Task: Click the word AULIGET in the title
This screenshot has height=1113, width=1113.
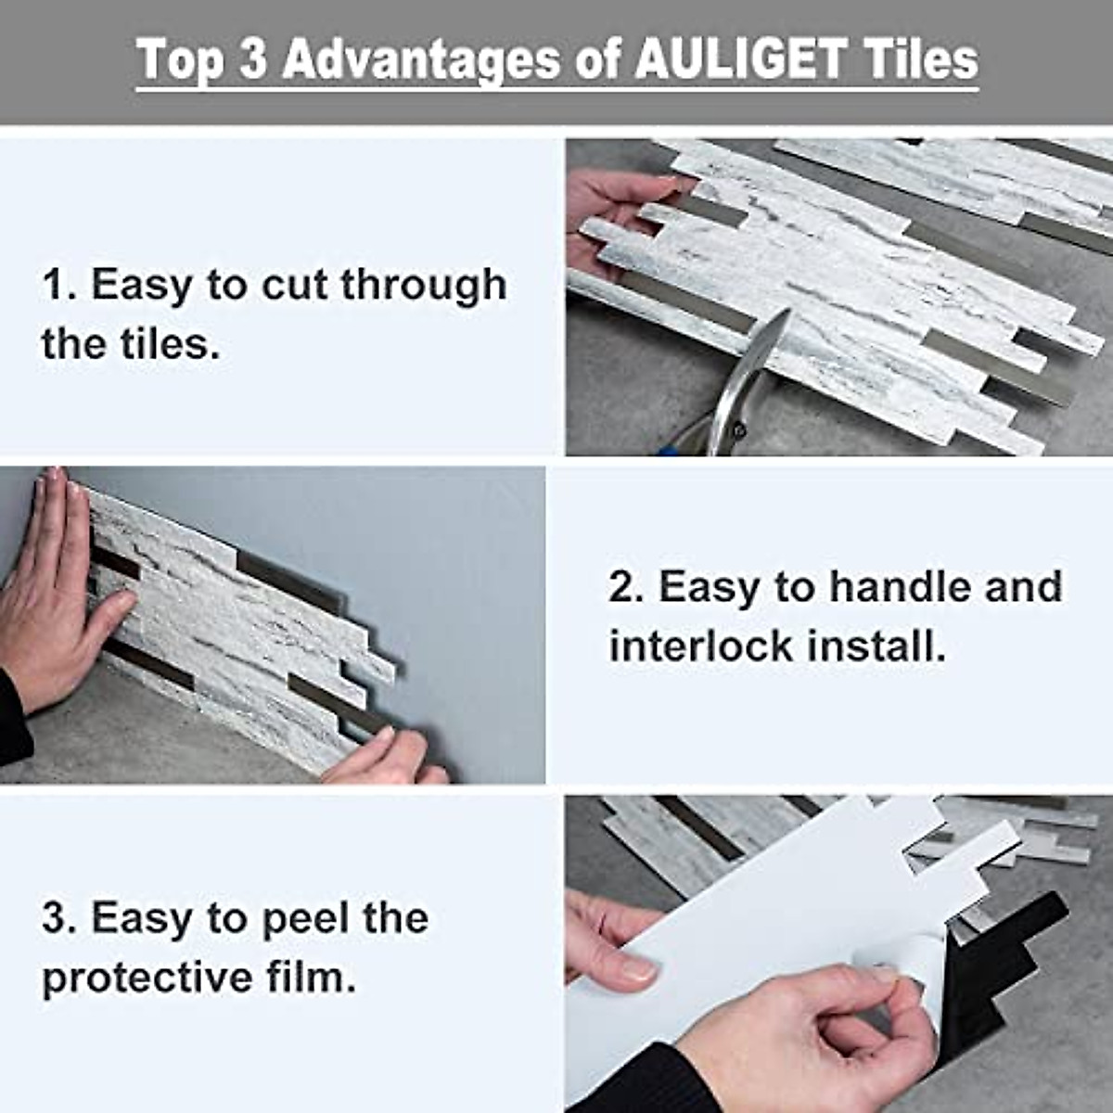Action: point(739,59)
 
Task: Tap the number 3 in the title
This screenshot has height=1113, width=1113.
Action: point(253,59)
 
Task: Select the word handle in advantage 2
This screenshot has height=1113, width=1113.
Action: point(889,587)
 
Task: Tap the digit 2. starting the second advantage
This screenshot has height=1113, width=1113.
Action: point(621,587)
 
